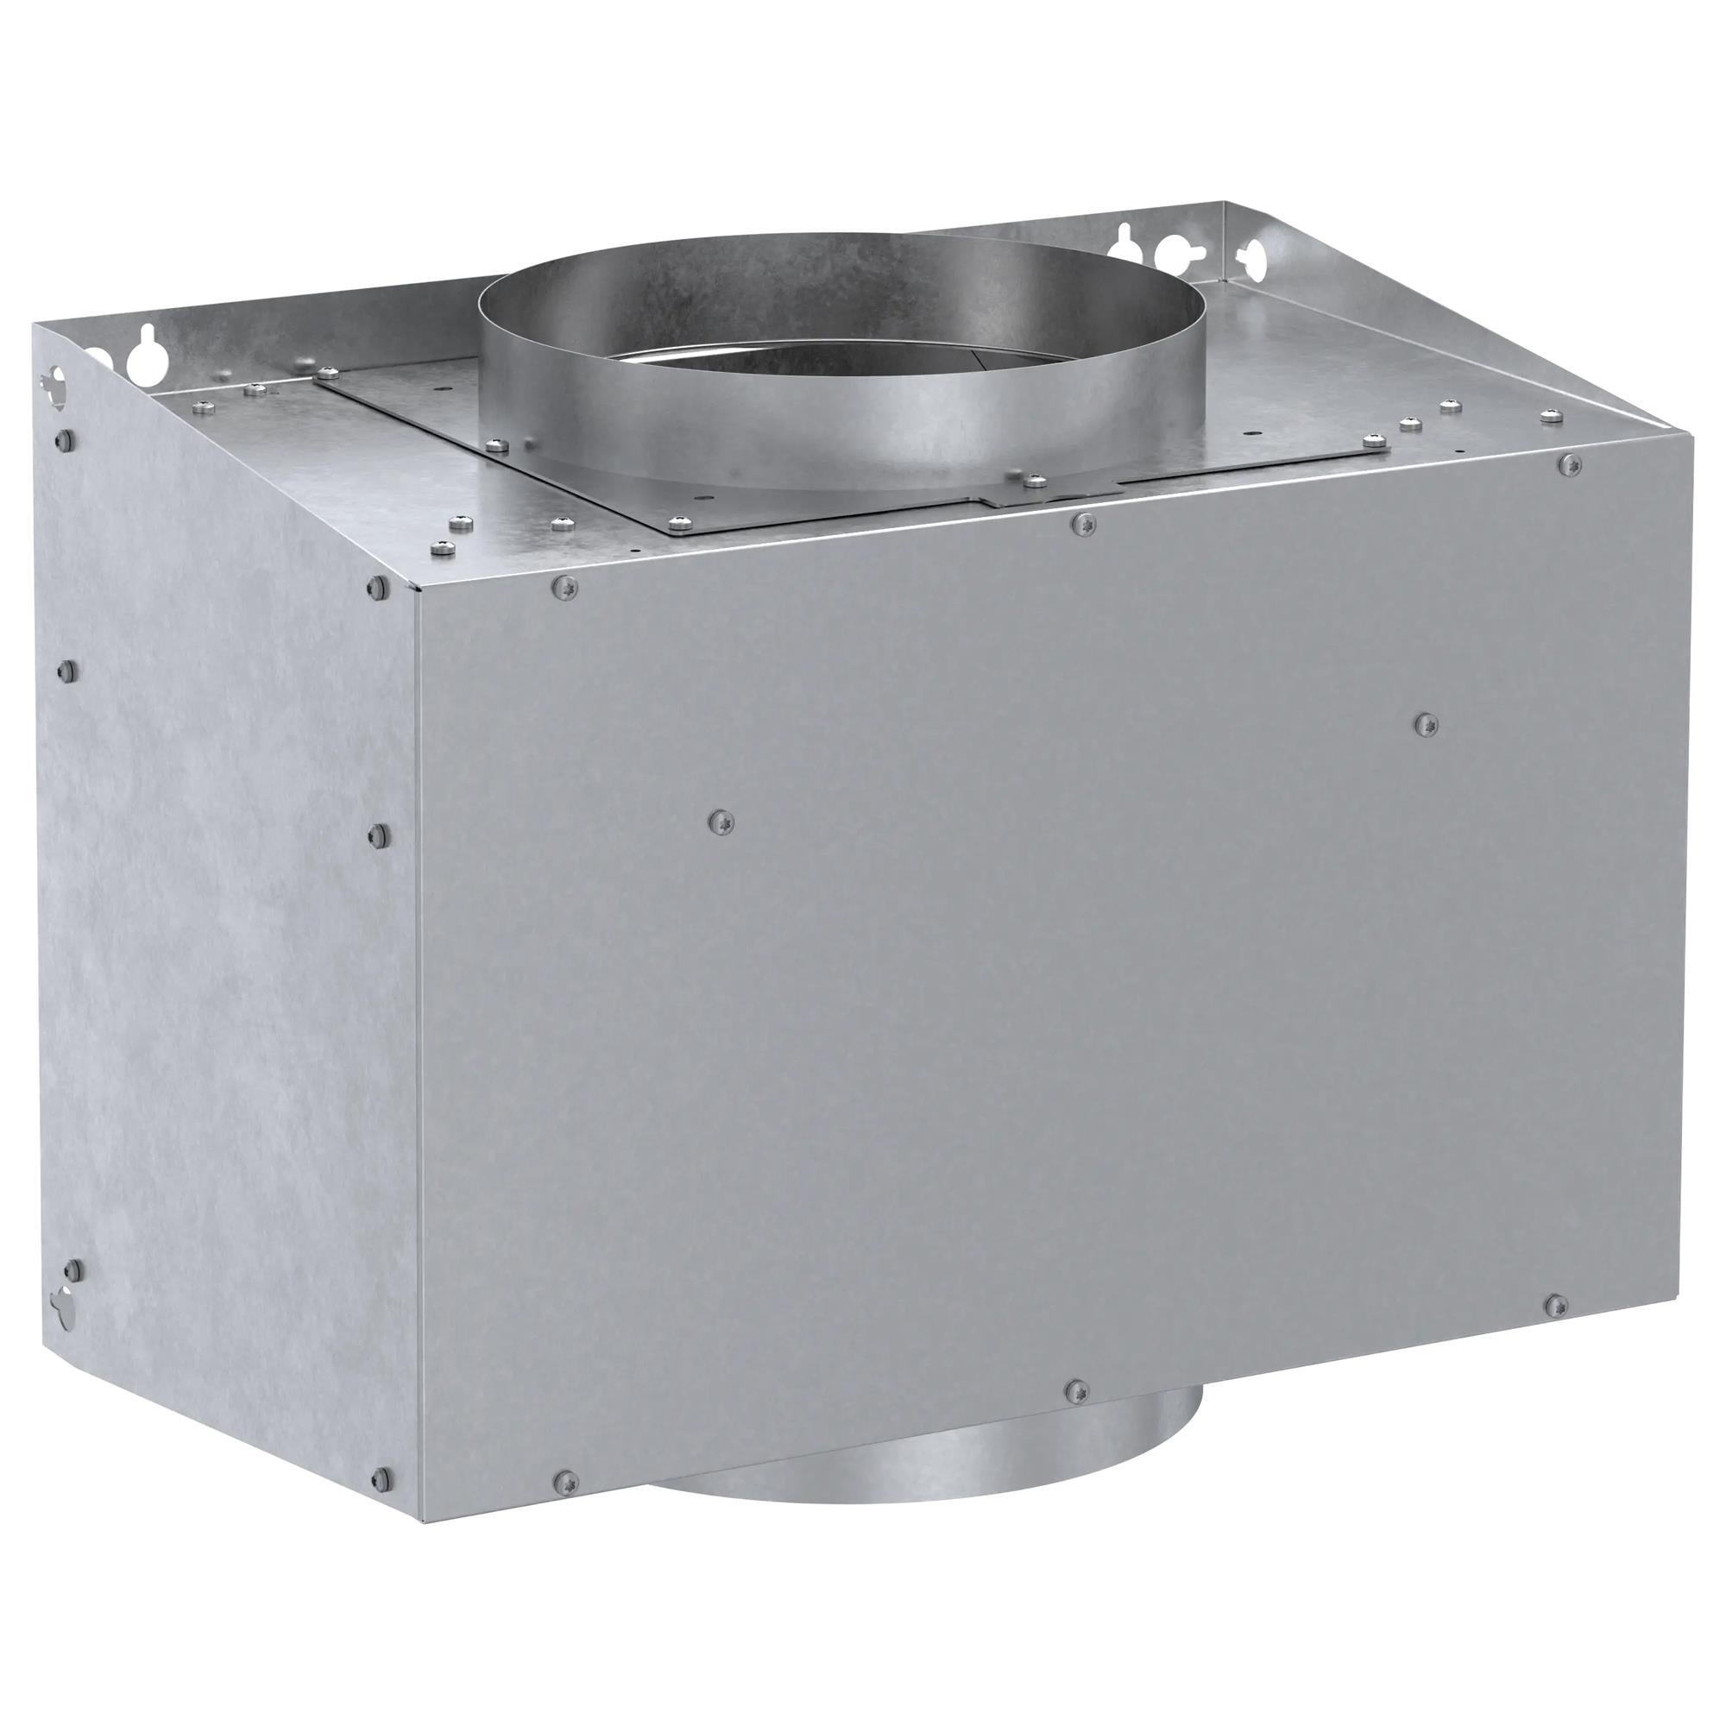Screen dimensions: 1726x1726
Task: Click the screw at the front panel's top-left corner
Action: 564,586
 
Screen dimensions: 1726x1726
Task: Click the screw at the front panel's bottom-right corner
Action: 1555,1304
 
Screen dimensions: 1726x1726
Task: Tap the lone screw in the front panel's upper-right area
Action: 1427,724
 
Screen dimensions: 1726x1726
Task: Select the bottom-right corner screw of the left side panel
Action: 381,1477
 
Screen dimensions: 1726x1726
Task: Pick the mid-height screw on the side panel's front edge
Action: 379,835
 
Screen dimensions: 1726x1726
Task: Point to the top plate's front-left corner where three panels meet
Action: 416,588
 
